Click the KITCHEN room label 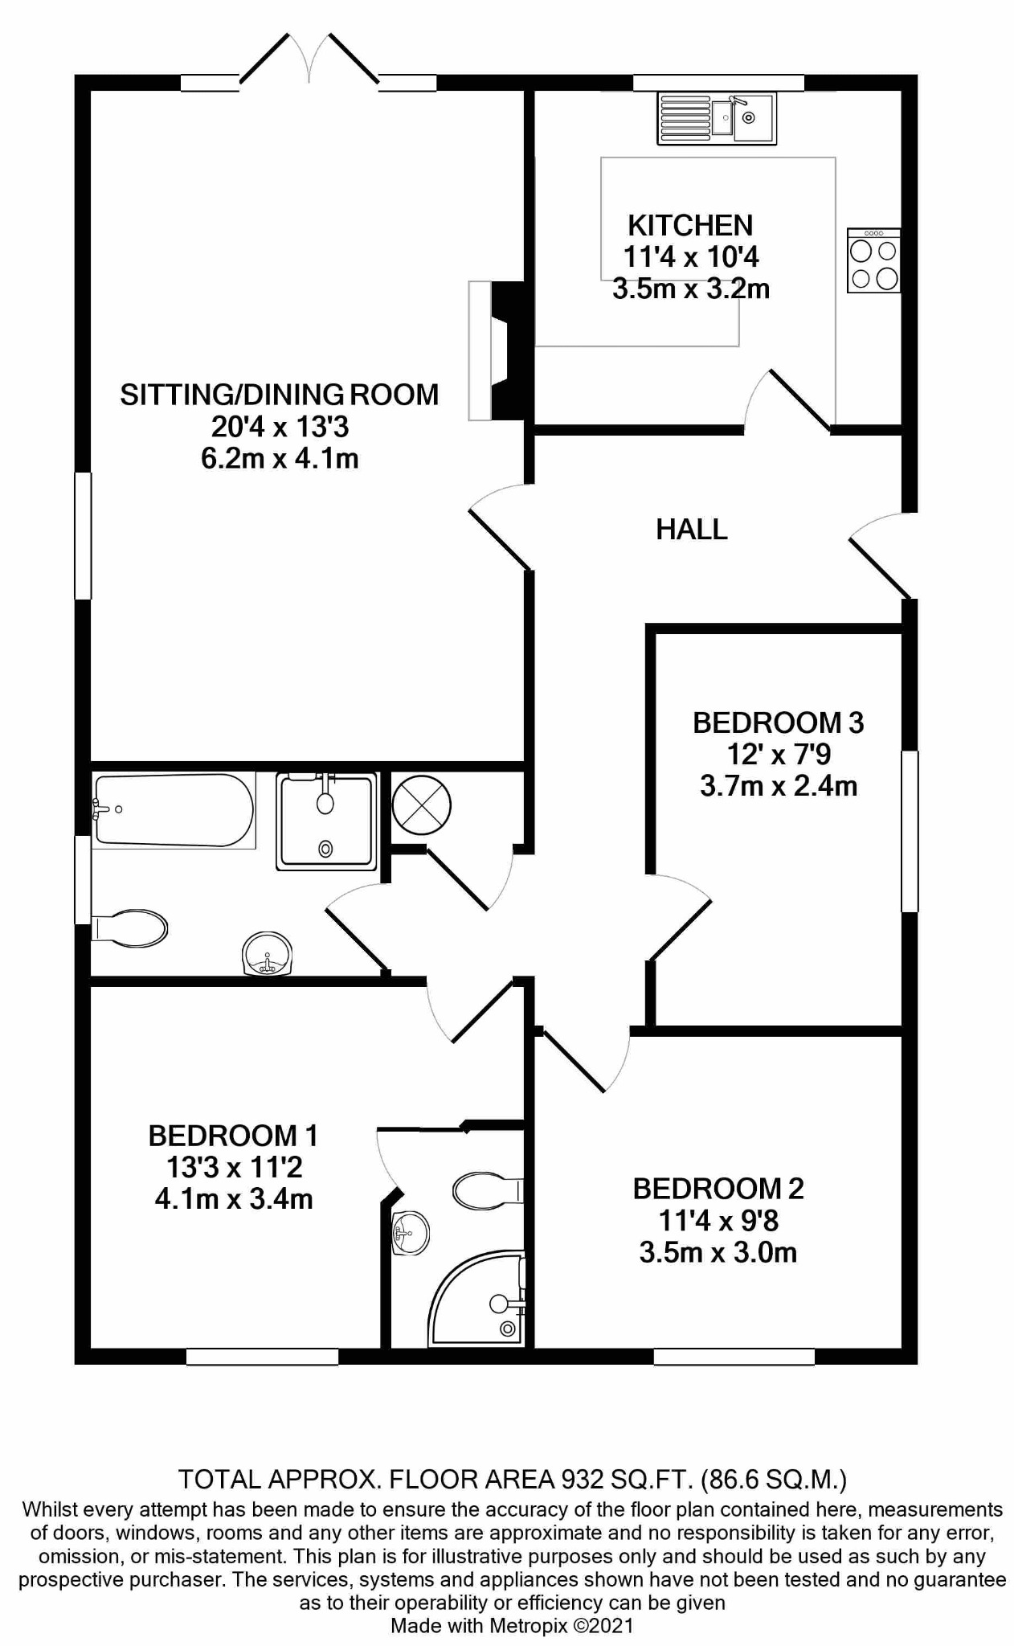[690, 225]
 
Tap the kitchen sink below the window [717, 118]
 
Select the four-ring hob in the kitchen [873, 260]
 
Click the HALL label [692, 529]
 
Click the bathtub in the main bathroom [174, 810]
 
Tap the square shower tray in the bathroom [325, 821]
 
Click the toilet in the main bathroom [129, 928]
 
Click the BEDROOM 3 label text [778, 723]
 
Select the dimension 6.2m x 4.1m [280, 459]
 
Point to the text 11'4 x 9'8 [718, 1221]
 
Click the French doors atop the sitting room [309, 59]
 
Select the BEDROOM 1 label [233, 1136]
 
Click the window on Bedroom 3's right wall [910, 831]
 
